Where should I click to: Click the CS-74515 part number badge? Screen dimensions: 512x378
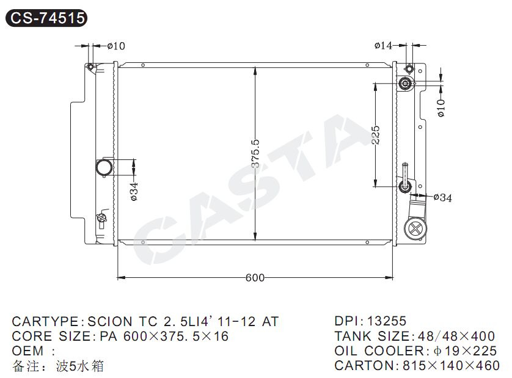(x=46, y=18)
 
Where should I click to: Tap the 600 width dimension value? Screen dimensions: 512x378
(x=255, y=277)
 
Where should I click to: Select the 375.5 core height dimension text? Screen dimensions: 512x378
(x=255, y=153)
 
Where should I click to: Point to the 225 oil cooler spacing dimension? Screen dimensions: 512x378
(x=376, y=135)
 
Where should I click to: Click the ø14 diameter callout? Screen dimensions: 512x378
(x=383, y=45)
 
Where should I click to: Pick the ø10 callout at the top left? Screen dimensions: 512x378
(x=116, y=46)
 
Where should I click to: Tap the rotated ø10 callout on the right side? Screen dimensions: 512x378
(x=441, y=108)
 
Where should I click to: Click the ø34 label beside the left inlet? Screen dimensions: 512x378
(x=134, y=192)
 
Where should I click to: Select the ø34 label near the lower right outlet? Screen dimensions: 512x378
(x=443, y=197)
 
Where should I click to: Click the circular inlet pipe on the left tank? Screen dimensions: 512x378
(x=104, y=167)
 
